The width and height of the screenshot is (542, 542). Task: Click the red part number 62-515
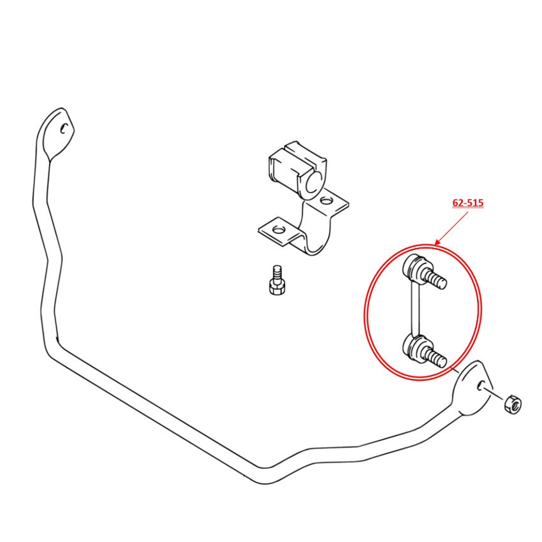point(468,203)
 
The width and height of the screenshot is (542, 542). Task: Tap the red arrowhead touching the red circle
point(438,242)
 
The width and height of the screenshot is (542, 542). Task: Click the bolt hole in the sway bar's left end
point(63,129)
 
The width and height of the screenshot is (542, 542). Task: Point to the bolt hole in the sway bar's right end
point(481,386)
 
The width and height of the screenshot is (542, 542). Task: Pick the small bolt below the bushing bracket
point(277,280)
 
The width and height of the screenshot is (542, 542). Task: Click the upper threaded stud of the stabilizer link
point(434,277)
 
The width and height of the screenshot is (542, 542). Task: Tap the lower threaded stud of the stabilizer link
point(434,356)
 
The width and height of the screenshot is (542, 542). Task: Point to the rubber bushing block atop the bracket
point(297,171)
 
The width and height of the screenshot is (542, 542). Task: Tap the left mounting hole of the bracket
point(278,229)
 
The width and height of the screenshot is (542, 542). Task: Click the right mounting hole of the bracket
point(326,200)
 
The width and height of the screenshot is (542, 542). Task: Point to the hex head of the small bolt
point(277,288)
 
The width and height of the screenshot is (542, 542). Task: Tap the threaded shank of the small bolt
point(277,273)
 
